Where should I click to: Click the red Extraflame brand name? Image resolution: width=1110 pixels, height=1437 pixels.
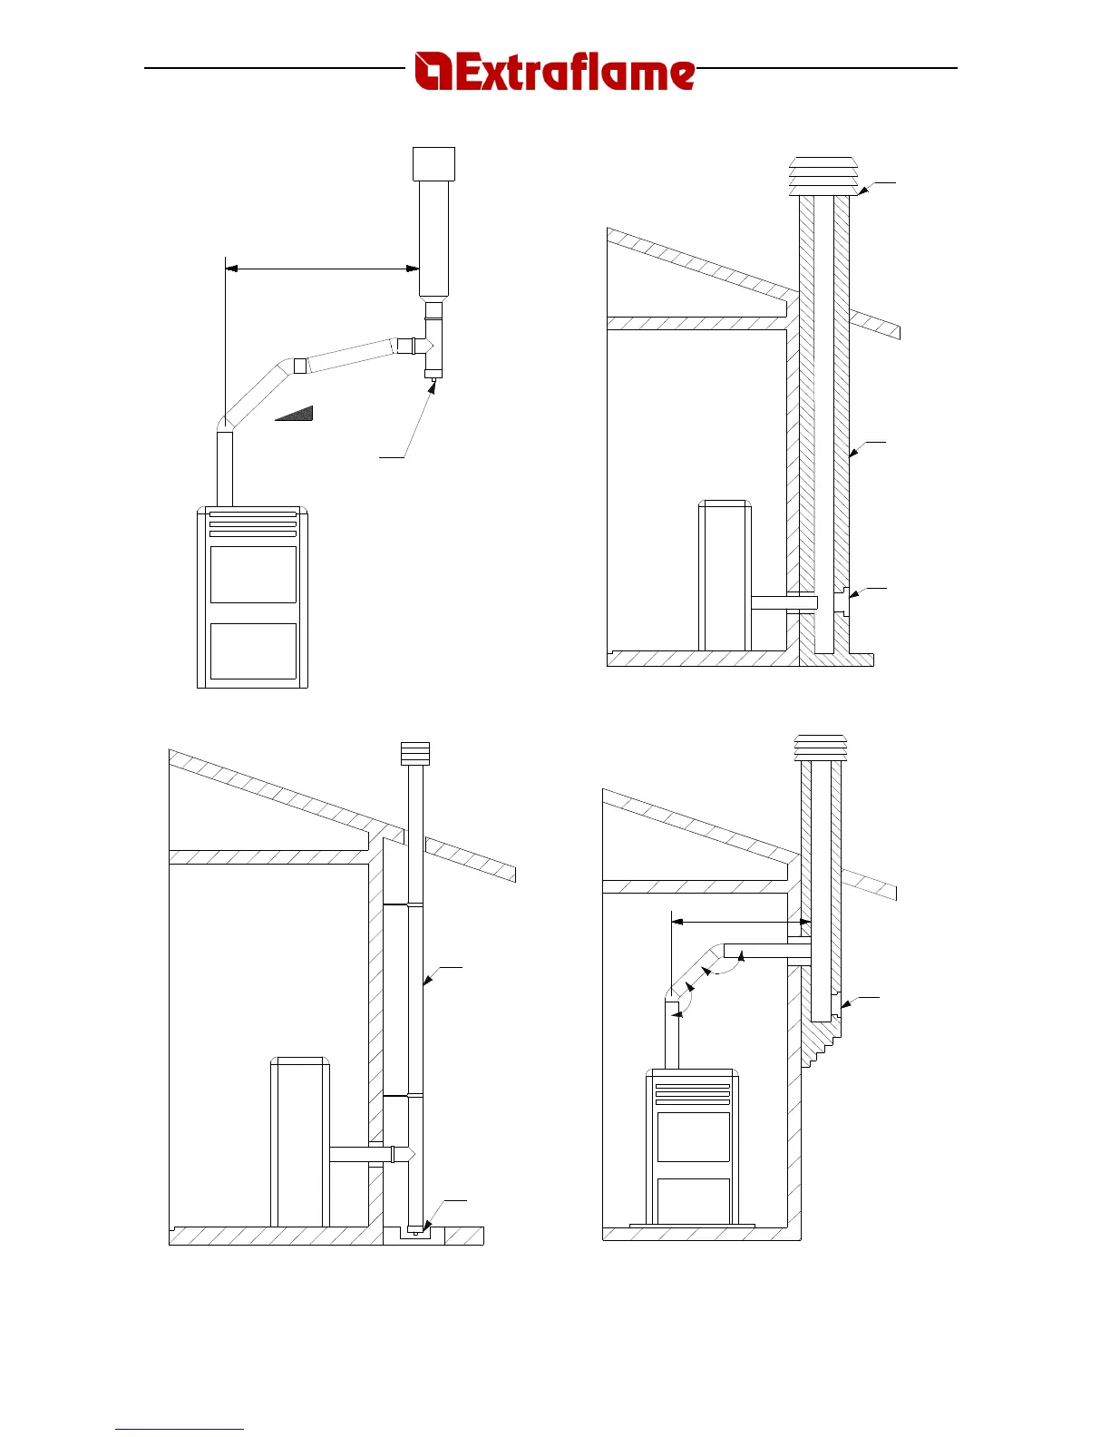coord(574,72)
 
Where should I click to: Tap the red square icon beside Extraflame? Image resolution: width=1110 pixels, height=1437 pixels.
coord(433,72)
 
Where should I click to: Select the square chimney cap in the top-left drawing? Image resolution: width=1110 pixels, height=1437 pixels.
coord(433,163)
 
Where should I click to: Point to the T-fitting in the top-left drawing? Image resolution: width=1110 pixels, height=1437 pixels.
coord(433,345)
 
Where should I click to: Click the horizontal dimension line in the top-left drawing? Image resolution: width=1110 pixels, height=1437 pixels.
coord(322,268)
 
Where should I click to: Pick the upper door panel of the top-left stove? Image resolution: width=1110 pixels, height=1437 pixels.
coord(253,574)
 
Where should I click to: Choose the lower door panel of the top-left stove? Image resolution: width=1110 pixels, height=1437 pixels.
coord(253,650)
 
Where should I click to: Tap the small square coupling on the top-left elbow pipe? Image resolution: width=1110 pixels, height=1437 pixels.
coord(300,366)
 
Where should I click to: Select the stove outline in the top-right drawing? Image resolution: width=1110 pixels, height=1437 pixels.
coord(724,575)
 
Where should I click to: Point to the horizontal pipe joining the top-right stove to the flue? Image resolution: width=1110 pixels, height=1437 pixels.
coord(784,601)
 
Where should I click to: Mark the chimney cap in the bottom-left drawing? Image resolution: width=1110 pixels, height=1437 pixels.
coord(415,753)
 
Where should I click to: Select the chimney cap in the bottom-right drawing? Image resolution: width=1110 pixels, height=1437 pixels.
coord(820,748)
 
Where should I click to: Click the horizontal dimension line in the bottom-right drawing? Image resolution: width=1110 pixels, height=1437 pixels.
coord(740,921)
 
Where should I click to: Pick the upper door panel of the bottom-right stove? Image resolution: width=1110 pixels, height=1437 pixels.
coord(693,1137)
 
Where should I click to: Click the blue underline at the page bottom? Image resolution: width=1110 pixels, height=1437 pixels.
coord(180,1429)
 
